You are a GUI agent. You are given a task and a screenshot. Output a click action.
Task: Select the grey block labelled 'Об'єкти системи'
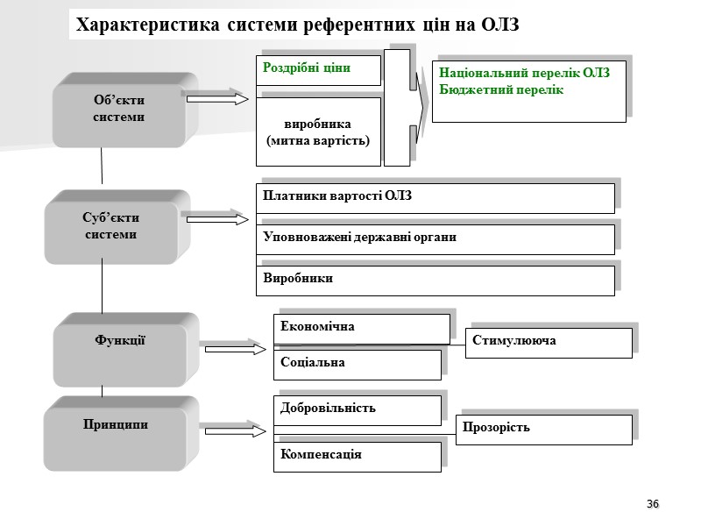[x=119, y=109]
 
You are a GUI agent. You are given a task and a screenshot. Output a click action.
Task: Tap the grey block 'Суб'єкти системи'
[x=111, y=226]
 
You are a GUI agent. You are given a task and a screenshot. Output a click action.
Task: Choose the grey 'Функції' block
[x=120, y=341]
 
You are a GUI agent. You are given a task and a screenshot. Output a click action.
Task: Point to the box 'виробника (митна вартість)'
[x=318, y=132]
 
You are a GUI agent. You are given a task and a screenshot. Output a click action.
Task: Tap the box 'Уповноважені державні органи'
[x=435, y=239]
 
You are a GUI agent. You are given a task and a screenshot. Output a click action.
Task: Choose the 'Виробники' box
[x=435, y=281]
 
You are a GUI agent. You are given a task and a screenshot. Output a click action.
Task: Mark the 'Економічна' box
[x=361, y=329]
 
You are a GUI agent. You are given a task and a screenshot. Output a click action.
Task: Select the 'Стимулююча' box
[x=548, y=342]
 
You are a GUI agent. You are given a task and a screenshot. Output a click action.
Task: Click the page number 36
[x=653, y=504]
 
